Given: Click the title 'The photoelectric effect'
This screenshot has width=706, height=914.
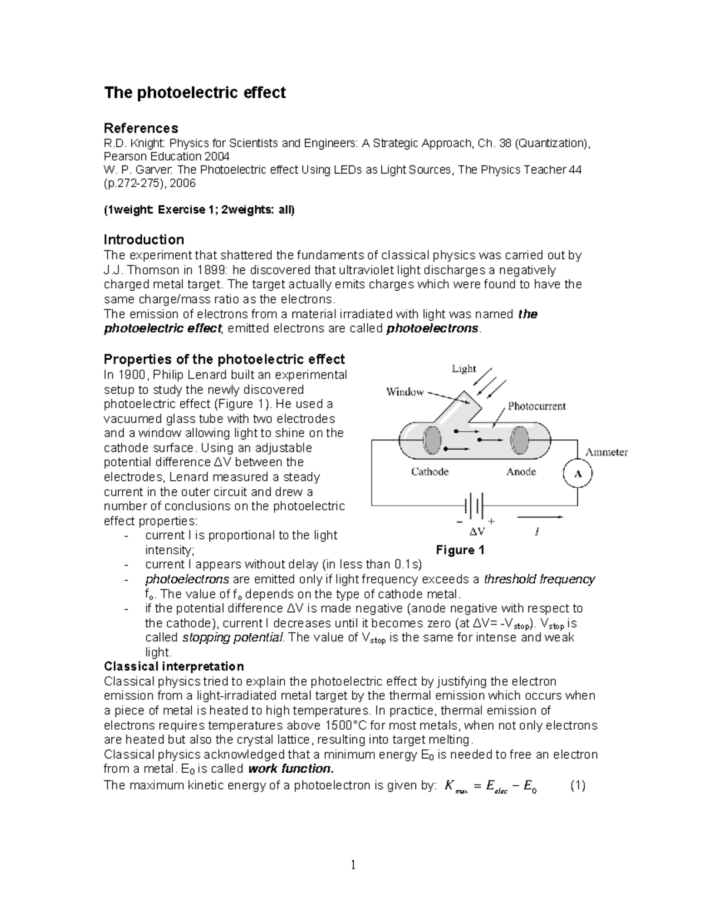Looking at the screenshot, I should click(x=194, y=93).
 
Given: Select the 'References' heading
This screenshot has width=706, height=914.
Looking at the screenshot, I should click(x=141, y=128).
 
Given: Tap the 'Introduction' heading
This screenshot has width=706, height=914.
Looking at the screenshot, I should click(x=144, y=240).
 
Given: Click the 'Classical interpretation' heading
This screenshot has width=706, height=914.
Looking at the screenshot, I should click(x=174, y=666).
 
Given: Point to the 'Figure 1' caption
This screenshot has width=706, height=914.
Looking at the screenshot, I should click(x=460, y=550).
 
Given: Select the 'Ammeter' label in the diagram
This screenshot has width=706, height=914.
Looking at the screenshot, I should click(x=606, y=452).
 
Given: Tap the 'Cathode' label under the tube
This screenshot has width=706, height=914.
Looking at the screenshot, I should click(x=429, y=471).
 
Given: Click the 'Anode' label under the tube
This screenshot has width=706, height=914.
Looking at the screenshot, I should click(x=521, y=471).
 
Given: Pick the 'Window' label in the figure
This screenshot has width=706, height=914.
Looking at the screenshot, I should click(x=405, y=392).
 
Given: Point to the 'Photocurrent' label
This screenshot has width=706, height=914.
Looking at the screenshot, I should click(x=537, y=406).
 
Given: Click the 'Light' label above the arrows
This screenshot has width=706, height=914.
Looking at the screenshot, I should click(x=464, y=369).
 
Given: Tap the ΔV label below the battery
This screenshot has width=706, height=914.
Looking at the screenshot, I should click(x=477, y=531).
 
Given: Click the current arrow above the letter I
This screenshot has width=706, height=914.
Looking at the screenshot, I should click(x=540, y=518).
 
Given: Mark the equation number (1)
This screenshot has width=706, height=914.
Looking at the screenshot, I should click(x=577, y=786).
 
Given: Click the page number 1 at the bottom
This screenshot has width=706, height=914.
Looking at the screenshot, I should click(x=353, y=865).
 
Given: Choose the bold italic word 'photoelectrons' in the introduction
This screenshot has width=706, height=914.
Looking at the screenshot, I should click(x=432, y=328).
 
